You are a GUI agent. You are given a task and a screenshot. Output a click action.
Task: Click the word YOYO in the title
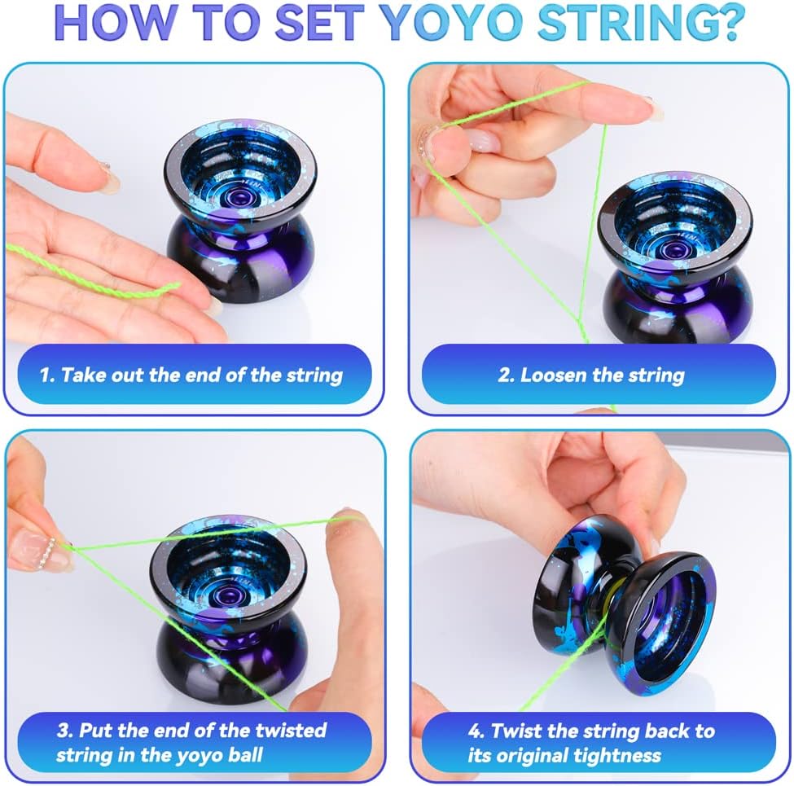click(451, 23)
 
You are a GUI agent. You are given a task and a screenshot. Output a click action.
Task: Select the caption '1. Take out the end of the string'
click(191, 375)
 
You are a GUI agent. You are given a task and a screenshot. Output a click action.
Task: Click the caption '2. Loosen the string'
click(591, 375)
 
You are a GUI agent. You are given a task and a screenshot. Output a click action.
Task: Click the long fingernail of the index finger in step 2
click(653, 109)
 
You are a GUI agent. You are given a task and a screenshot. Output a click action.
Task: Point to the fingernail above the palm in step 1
click(109, 178)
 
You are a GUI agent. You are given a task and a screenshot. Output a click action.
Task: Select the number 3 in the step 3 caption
click(64, 731)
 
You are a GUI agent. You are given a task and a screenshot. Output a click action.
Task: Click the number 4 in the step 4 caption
click(475, 731)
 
